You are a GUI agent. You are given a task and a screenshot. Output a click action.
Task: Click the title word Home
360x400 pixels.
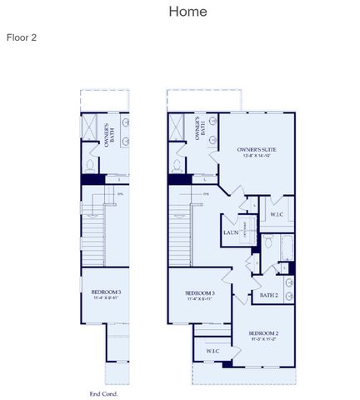tap(187, 12)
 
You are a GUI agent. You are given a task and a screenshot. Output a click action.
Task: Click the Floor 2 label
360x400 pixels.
tap(22, 37)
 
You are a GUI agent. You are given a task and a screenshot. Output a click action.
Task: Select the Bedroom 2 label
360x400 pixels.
tap(263, 333)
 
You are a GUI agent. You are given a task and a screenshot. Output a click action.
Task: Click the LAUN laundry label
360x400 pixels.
tap(232, 232)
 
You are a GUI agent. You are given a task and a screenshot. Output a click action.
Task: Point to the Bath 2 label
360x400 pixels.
tap(268, 295)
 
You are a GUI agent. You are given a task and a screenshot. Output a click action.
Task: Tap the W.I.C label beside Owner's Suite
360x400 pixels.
tap(276, 215)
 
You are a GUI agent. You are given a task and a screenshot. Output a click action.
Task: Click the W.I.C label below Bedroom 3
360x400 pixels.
tap(212, 351)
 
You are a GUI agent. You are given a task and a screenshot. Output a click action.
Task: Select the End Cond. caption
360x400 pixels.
tap(103, 393)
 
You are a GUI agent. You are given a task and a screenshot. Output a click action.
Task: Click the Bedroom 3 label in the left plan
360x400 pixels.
tap(106, 292)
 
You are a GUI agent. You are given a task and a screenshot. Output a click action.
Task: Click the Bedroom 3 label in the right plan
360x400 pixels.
tap(200, 293)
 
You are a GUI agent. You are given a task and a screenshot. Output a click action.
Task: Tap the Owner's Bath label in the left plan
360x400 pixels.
tap(108, 132)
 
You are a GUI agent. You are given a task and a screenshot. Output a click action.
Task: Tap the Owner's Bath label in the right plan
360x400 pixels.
tap(199, 132)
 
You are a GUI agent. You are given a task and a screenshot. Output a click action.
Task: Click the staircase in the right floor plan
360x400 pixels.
tap(181, 237)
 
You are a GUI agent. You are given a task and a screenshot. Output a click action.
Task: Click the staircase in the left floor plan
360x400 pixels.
tap(92, 237)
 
